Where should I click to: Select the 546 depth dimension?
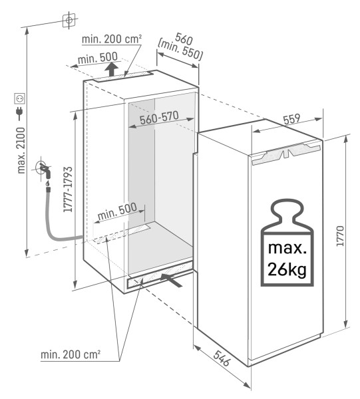222,363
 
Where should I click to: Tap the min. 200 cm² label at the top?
111,39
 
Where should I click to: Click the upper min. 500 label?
96,60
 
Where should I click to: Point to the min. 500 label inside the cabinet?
116,213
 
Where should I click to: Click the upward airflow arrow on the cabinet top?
113,70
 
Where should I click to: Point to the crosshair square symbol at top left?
68,21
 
